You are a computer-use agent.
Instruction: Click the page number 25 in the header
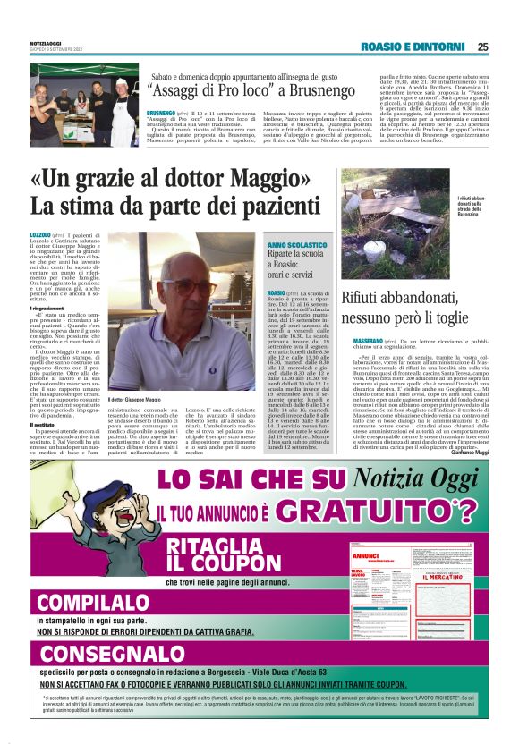click(482, 47)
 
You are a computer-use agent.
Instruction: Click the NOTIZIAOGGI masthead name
click(48, 42)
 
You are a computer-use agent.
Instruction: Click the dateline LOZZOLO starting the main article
click(41, 234)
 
